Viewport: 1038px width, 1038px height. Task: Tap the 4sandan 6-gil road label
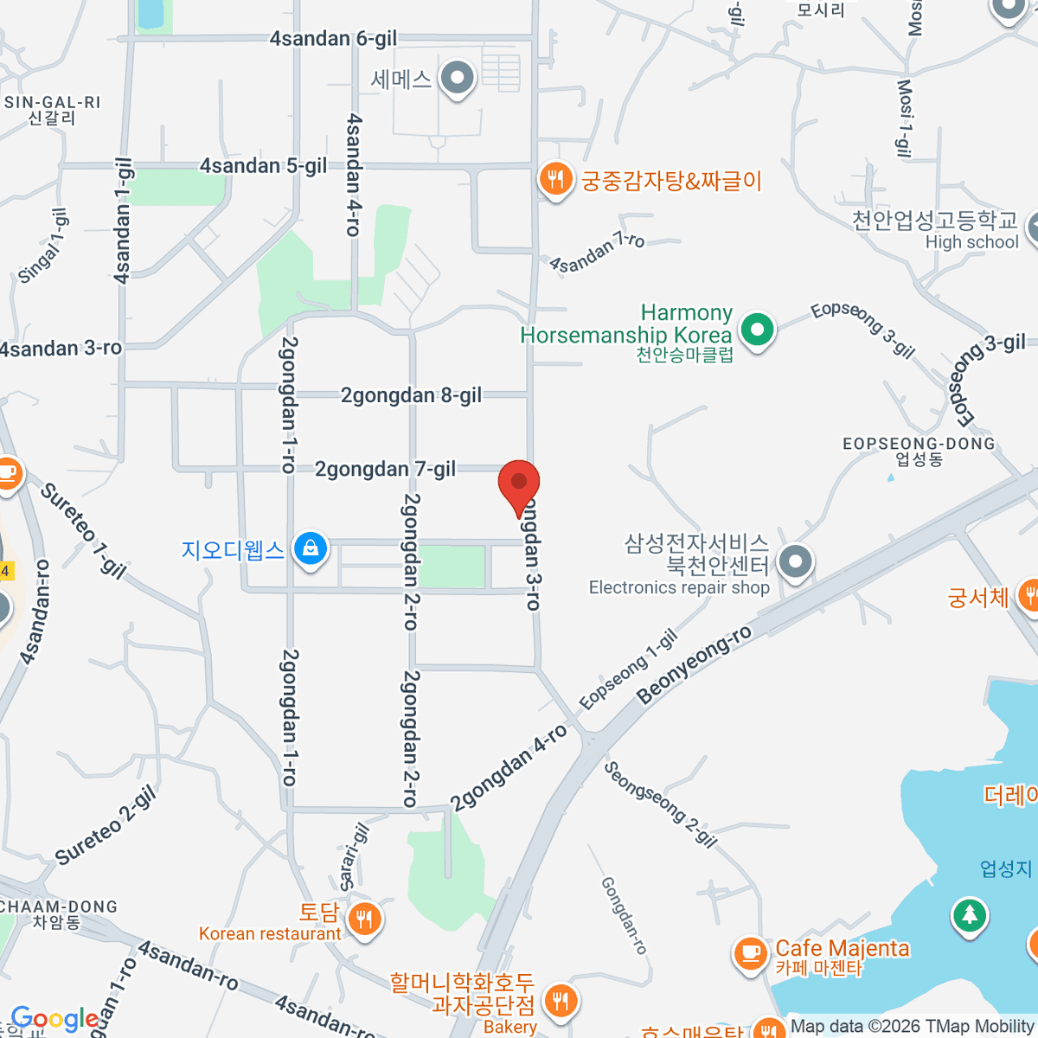(333, 39)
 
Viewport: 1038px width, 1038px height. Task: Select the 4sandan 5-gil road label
(263, 166)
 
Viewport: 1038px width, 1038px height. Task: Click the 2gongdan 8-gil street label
(411, 396)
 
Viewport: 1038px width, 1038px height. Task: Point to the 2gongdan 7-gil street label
(385, 470)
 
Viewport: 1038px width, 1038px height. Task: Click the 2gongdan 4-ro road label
(509, 767)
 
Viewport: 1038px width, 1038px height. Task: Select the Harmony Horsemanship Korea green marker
(757, 330)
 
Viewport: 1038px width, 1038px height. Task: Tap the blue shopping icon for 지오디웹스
(310, 548)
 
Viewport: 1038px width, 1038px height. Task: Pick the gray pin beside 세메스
(458, 79)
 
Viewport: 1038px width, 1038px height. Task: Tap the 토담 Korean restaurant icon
(364, 919)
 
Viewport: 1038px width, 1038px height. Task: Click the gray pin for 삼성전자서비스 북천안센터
(795, 562)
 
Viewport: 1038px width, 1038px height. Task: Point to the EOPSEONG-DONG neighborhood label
(919, 444)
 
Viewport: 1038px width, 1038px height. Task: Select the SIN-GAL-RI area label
(53, 103)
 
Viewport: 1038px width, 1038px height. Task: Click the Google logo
(54, 1020)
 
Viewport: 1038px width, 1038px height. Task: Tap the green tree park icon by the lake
(969, 915)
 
